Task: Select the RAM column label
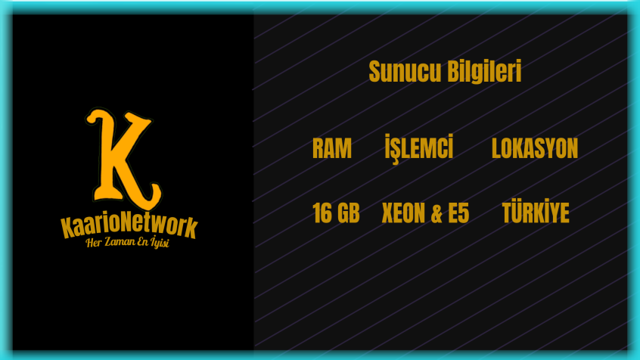(x=332, y=148)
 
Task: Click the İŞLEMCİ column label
(x=419, y=148)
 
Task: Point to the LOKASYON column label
(x=535, y=148)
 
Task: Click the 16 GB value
(x=336, y=213)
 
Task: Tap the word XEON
(x=403, y=213)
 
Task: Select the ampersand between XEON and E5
(x=437, y=213)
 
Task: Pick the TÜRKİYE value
(x=536, y=212)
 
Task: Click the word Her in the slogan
(x=94, y=243)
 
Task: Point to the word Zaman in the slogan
(x=120, y=241)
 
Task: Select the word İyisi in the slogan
(x=160, y=242)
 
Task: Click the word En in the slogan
(x=142, y=241)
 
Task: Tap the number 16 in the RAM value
(x=322, y=213)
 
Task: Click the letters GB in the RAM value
(x=349, y=213)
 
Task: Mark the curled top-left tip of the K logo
(x=91, y=119)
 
